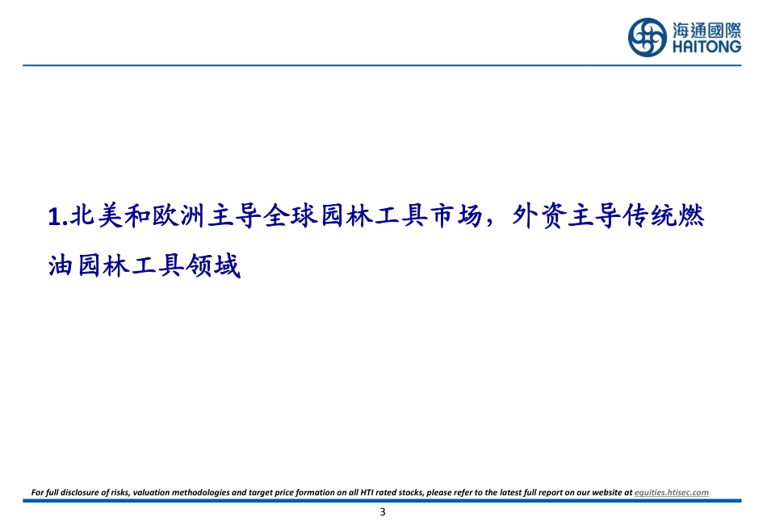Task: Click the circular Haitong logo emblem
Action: tap(648, 37)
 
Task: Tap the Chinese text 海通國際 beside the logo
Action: tap(706, 31)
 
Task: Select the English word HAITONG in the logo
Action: tap(706, 47)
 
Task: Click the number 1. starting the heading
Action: tap(57, 216)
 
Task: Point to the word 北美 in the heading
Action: tap(96, 216)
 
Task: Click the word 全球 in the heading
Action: tap(290, 216)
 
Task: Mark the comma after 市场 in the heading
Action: tap(491, 223)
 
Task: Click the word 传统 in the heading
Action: tap(650, 216)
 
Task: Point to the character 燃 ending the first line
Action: tap(691, 216)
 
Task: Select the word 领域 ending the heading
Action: tap(213, 266)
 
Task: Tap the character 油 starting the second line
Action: tap(61, 266)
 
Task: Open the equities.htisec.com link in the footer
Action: tap(672, 492)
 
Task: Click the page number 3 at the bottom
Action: tap(383, 512)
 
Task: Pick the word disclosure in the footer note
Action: tap(80, 492)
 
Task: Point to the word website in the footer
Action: tap(606, 492)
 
